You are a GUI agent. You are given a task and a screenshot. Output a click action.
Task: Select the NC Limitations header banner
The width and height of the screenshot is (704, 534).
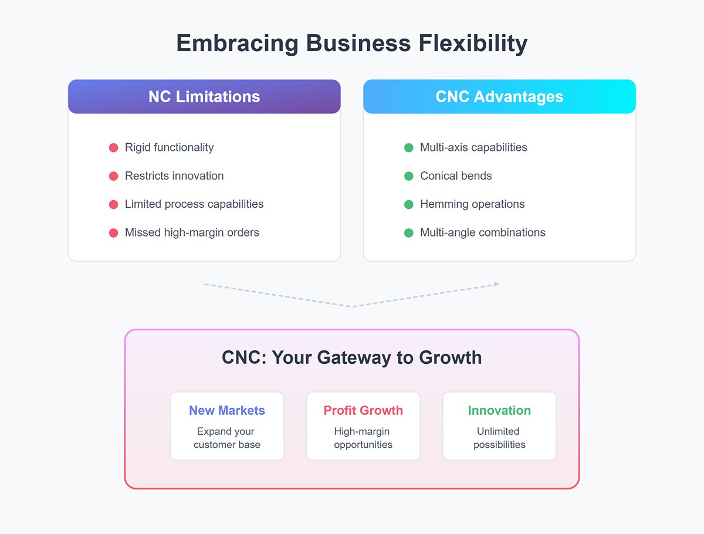pyautogui.click(x=204, y=97)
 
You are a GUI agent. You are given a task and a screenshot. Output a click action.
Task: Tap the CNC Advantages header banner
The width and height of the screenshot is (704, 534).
pyautogui.click(x=499, y=97)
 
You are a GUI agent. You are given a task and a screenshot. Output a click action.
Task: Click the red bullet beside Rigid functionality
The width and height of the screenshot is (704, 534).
pyautogui.click(x=114, y=148)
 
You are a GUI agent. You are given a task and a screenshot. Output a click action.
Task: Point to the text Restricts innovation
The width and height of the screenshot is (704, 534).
pyautogui.click(x=174, y=176)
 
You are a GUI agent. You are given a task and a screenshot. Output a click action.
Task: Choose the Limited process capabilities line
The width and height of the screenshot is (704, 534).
pyautogui.click(x=194, y=204)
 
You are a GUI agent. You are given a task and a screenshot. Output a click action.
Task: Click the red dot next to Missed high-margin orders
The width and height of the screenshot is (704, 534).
pyautogui.click(x=114, y=233)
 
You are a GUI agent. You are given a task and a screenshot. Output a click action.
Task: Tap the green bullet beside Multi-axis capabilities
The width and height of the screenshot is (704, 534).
pyautogui.click(x=409, y=148)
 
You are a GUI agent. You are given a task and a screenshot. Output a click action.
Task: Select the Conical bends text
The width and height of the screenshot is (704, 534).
pyautogui.click(x=456, y=176)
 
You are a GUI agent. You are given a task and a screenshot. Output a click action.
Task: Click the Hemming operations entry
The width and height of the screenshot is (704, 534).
pyautogui.click(x=472, y=204)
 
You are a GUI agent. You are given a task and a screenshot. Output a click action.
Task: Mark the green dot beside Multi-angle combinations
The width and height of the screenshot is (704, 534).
pyautogui.click(x=409, y=233)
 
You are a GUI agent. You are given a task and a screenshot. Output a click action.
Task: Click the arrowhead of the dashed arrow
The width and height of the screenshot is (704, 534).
pyautogui.click(x=496, y=284)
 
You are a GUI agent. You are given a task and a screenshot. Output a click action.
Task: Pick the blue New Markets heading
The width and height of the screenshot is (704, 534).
pyautogui.click(x=227, y=411)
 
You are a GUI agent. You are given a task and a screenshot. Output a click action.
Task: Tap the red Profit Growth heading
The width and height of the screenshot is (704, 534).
pyautogui.click(x=363, y=411)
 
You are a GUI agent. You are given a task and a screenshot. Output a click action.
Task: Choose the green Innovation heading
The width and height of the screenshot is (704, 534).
pyautogui.click(x=499, y=411)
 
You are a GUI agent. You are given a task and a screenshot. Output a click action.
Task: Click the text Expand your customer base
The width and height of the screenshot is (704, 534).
pyautogui.click(x=227, y=438)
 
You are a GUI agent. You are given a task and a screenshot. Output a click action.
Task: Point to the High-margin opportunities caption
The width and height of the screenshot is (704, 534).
pyautogui.click(x=363, y=438)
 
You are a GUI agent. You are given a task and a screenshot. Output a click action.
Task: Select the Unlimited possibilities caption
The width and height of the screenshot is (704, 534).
pyautogui.click(x=499, y=438)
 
